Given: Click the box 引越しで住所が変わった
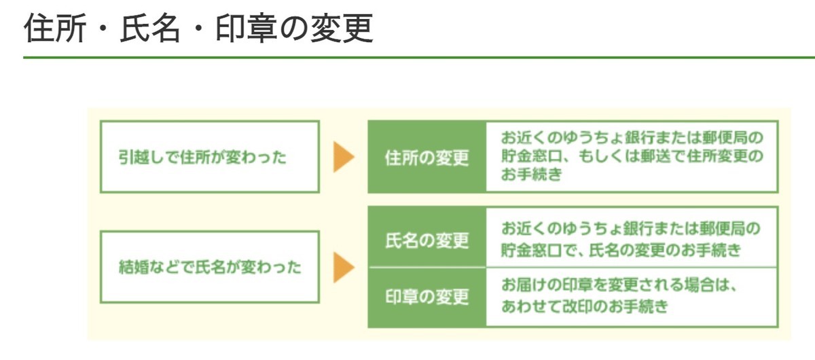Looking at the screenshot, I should pos(209,157).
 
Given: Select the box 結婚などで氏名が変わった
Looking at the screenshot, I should pos(209,267).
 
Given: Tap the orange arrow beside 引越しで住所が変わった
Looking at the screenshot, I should pos(344,158).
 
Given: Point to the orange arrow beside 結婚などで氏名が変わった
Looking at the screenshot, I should pos(344,267).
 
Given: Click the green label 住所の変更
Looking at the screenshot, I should pos(427,158).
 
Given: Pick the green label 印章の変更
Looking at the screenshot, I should pos(427,297).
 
